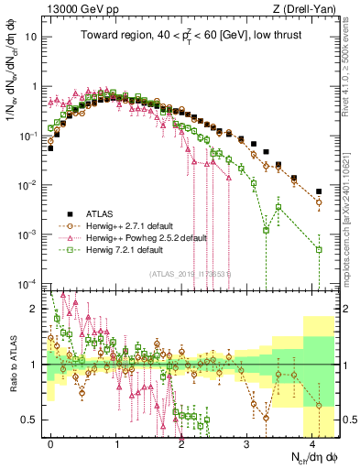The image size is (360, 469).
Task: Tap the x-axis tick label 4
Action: pyautogui.click(x=312, y=442)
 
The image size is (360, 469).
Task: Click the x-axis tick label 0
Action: pyautogui.click(x=51, y=442)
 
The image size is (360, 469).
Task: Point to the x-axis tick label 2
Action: pyautogui.click(x=182, y=442)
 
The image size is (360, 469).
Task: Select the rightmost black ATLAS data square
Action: pyautogui.click(x=319, y=191)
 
